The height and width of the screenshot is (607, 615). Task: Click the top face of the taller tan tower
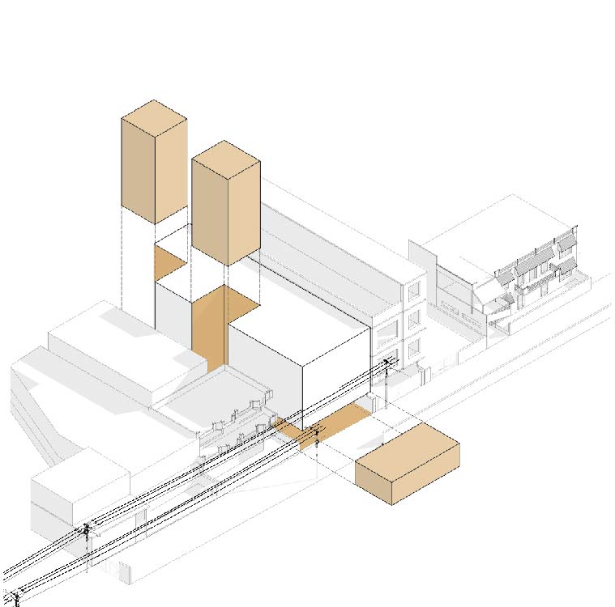(154, 117)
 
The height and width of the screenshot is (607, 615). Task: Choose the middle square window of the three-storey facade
(415, 319)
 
